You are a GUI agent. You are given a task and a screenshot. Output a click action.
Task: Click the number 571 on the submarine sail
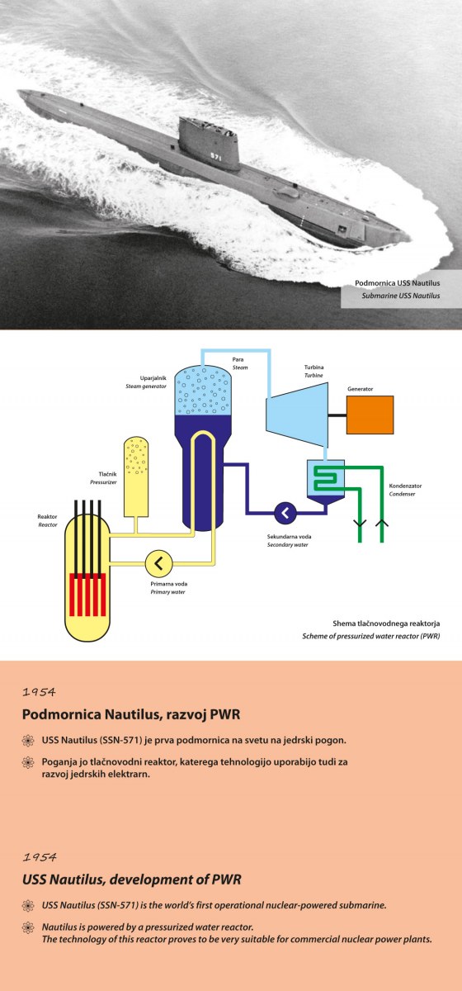tap(216, 157)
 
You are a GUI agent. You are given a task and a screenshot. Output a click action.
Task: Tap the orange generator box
tap(370, 415)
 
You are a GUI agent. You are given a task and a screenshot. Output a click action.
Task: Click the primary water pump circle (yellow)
tap(158, 563)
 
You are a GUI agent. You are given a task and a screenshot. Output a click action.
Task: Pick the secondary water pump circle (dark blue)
tap(285, 513)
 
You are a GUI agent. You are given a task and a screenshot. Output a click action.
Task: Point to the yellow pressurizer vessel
tap(136, 477)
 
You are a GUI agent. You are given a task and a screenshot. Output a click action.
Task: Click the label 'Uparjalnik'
tap(153, 378)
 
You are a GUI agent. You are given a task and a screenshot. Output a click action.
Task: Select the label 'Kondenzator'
tap(405, 486)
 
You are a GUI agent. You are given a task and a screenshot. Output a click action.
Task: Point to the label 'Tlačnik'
tap(107, 474)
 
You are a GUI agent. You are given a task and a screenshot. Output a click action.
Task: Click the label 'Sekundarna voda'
tap(289, 537)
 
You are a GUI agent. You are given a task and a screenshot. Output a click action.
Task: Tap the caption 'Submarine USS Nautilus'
tap(401, 296)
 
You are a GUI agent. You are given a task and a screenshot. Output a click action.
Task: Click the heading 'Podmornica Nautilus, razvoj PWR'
tap(131, 714)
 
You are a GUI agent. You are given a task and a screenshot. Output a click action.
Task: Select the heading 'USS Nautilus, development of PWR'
tap(132, 880)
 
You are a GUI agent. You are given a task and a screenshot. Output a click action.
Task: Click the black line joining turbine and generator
tap(337, 415)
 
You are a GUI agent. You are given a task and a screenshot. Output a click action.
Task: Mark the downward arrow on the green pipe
tap(360, 523)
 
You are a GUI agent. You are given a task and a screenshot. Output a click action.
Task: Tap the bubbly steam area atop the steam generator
tap(204, 390)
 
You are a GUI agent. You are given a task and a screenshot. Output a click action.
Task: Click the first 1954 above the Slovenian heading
tap(39, 692)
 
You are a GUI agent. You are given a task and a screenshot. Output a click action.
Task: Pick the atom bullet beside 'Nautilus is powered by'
tap(28, 927)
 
